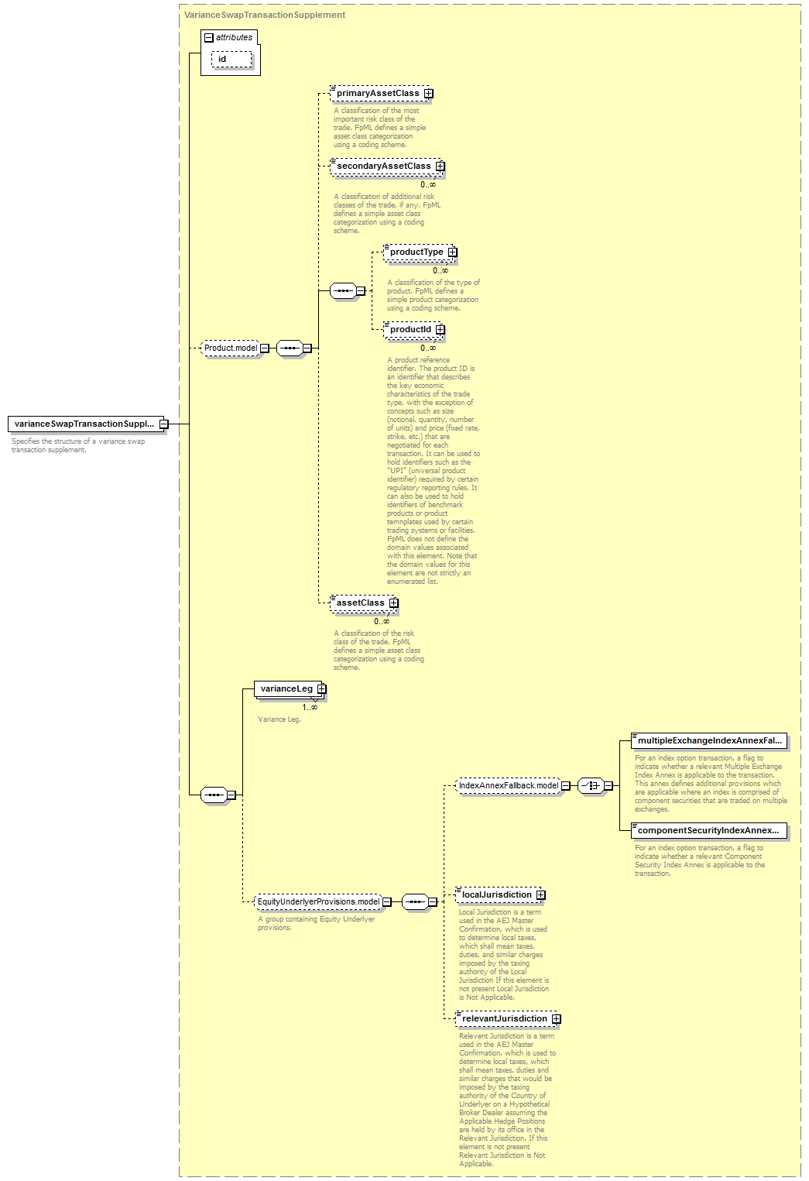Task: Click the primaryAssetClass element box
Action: click(382, 94)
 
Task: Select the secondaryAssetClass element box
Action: click(387, 166)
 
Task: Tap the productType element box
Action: click(420, 252)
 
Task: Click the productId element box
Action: click(414, 330)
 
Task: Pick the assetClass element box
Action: click(364, 603)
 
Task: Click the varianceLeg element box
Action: click(290, 688)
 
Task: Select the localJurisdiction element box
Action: click(500, 894)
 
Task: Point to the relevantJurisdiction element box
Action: click(508, 1018)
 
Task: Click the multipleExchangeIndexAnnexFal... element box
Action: click(709, 741)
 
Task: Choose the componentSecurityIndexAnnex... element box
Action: click(709, 830)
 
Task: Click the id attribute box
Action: click(232, 59)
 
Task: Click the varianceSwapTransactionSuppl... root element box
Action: click(88, 424)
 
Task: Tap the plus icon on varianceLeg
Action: click(321, 688)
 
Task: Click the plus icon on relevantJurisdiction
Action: click(556, 1019)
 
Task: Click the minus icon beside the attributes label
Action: click(209, 37)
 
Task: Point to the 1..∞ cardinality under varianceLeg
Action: click(310, 708)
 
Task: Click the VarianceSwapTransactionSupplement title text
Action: click(265, 15)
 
